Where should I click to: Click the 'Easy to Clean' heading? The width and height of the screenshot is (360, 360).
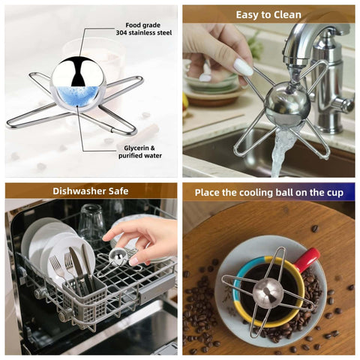[x=268, y=14]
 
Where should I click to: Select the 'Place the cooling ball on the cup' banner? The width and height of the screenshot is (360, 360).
[x=268, y=192]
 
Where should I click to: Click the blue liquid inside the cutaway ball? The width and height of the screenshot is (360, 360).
[x=77, y=95]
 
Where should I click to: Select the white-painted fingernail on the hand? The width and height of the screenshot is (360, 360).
[x=244, y=67]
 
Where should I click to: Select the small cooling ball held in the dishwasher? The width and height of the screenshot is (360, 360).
[x=118, y=256]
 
